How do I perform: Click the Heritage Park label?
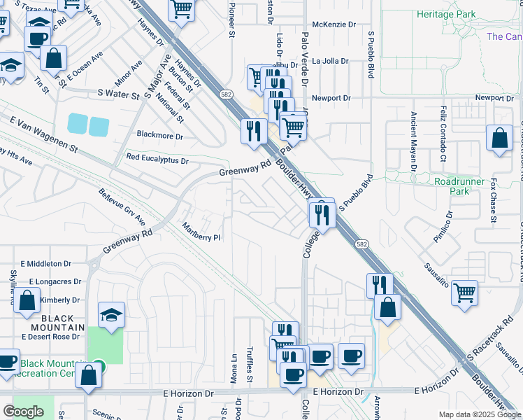(x=445, y=14)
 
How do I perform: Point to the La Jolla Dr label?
(x=330, y=61)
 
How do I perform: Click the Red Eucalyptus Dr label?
(x=157, y=160)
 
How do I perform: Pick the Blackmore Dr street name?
(x=160, y=136)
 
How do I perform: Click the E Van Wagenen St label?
(x=43, y=134)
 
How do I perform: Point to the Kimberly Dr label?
(x=59, y=300)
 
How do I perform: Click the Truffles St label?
(x=249, y=367)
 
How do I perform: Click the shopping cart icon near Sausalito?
(x=465, y=292)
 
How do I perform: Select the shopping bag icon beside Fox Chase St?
(x=500, y=139)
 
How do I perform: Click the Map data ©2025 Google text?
(x=479, y=414)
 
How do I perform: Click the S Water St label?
(x=119, y=94)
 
